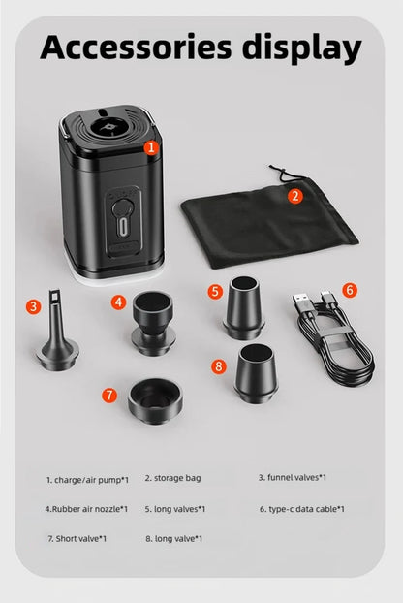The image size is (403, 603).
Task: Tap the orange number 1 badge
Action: tap(150, 148)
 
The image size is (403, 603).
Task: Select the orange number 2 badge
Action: tap(295, 196)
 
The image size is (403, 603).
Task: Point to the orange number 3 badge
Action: tap(34, 306)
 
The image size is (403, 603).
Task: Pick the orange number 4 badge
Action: tap(118, 301)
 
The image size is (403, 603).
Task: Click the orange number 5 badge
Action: tap(215, 290)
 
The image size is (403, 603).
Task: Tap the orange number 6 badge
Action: tap(350, 290)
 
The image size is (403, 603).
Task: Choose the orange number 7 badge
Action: tap(109, 395)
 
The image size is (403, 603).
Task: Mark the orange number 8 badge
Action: tap(220, 365)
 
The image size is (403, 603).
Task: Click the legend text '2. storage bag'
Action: tap(172, 478)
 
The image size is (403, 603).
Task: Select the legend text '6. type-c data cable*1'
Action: tap(301, 508)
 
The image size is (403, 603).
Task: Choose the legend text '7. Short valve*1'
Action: tap(77, 538)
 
